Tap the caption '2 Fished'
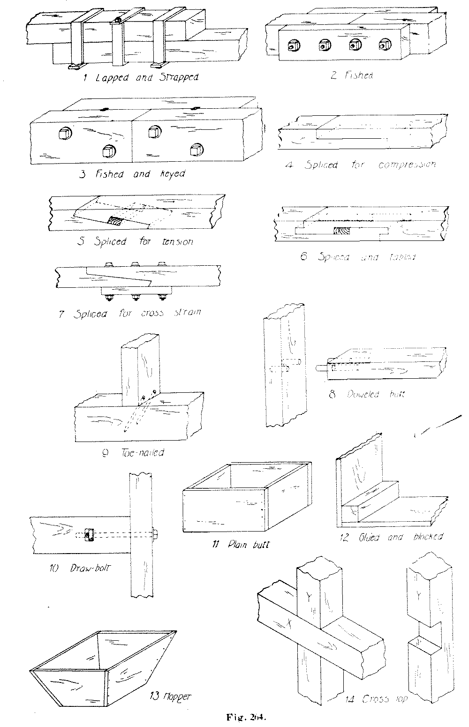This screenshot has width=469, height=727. (352, 75)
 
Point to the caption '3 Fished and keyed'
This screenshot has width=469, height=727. (133, 174)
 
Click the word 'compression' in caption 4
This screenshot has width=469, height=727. (407, 165)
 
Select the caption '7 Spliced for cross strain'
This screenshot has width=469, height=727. (130, 313)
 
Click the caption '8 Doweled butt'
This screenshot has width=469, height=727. (366, 394)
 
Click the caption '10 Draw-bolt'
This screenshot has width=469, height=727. (82, 569)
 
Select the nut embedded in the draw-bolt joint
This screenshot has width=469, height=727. (88, 534)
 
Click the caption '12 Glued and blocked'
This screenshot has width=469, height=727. (391, 537)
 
